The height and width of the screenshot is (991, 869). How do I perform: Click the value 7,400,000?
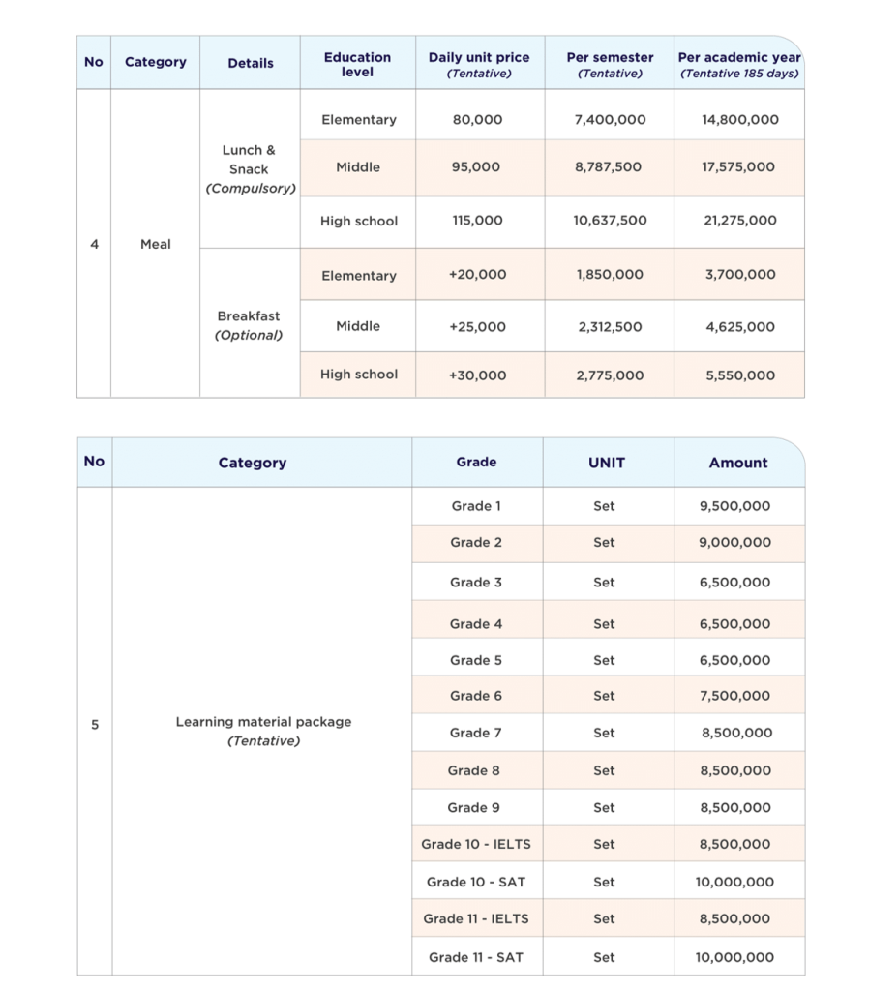point(610,120)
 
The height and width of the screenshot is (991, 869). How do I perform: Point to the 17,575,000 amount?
point(738,167)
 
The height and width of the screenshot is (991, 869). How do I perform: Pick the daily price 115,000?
point(478,221)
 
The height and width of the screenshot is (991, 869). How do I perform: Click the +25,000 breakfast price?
point(477,327)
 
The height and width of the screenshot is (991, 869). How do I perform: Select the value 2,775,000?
point(610,375)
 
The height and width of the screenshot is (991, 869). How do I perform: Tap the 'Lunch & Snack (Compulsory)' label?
point(250,168)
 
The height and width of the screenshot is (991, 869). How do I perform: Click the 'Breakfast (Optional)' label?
point(249,325)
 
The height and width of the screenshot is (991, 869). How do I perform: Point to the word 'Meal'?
point(156,244)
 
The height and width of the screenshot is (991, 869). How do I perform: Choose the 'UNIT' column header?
point(607,463)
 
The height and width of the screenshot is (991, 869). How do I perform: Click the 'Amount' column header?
point(738,463)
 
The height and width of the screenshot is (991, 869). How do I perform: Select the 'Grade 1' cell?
point(476,506)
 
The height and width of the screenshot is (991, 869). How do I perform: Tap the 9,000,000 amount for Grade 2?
point(735,543)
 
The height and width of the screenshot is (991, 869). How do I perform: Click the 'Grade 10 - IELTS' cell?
point(476,844)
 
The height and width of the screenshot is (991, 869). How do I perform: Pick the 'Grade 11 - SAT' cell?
point(476,957)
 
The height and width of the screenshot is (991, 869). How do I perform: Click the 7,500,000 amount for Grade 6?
point(735,696)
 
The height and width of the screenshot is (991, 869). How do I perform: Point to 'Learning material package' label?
point(263,722)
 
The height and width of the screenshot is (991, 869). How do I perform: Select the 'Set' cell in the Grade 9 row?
point(604,807)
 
